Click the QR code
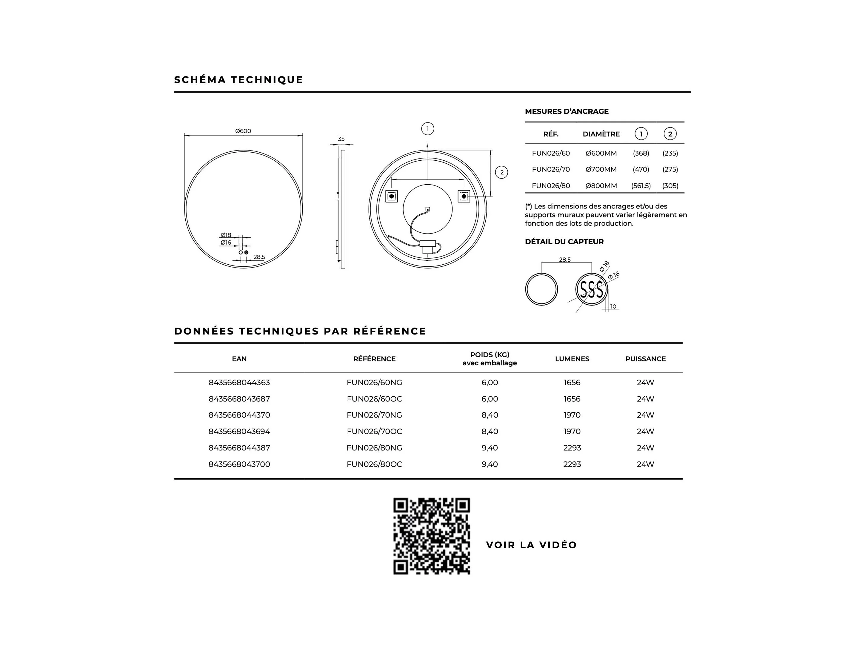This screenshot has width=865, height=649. [431, 536]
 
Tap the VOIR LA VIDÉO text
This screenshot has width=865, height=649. [531, 545]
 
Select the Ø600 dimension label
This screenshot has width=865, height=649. [243, 131]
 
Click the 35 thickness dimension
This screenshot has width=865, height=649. [341, 139]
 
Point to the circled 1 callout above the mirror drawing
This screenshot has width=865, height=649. [427, 129]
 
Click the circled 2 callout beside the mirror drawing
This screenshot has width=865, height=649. [501, 173]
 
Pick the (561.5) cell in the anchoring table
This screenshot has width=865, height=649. [641, 186]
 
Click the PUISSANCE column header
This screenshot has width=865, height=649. [645, 359]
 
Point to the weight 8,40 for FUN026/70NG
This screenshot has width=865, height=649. [490, 415]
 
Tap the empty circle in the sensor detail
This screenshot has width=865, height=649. [541, 289]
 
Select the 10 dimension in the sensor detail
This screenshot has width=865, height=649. [613, 307]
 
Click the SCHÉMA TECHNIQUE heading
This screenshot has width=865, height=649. [238, 80]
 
